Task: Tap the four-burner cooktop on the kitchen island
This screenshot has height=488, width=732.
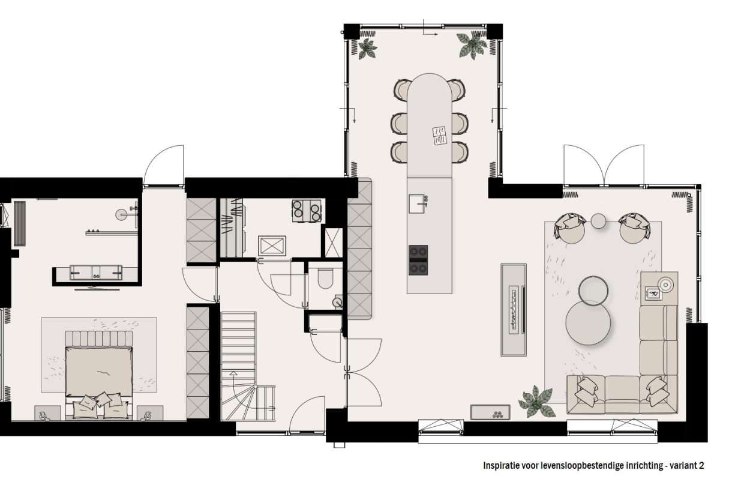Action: [x=418, y=260]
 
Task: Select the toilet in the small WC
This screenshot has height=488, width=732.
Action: [x=326, y=278]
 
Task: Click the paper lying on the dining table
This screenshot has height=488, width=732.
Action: [x=439, y=135]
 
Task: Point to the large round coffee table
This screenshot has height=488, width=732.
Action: [x=588, y=323]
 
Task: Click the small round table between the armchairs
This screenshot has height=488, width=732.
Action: [x=599, y=221]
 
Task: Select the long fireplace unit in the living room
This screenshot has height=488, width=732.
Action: [x=513, y=309]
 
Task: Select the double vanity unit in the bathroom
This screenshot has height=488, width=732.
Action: [x=96, y=273]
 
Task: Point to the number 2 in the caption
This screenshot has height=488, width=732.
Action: [x=701, y=465]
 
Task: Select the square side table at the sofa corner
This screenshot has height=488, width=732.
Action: [x=659, y=289]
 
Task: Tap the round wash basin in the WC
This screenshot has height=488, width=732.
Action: [x=338, y=302]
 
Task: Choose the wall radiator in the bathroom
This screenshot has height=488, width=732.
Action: [x=20, y=223]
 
